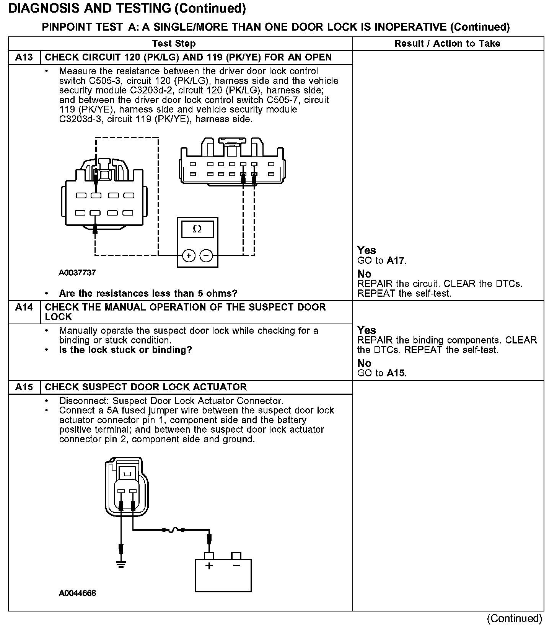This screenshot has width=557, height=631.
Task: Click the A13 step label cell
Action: pyautogui.click(x=24, y=57)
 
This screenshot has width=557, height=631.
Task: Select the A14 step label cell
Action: pyautogui.click(x=24, y=307)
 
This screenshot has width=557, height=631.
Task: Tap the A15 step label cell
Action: pyautogui.click(x=24, y=387)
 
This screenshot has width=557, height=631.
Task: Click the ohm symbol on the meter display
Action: pyautogui.click(x=197, y=229)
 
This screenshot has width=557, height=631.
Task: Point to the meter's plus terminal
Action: pyautogui.click(x=189, y=255)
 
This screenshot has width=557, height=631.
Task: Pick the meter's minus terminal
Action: pyautogui.click(x=206, y=255)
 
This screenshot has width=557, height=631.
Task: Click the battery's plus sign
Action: pyautogui.click(x=209, y=566)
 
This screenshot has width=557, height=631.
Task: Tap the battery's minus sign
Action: pyautogui.click(x=236, y=566)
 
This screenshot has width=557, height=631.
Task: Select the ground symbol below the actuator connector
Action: pyautogui.click(x=121, y=564)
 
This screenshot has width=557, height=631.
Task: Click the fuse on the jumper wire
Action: pyautogui.click(x=174, y=530)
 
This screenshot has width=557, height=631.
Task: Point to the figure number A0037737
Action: pyautogui.click(x=77, y=273)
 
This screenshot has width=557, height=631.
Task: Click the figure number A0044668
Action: pyautogui.click(x=77, y=593)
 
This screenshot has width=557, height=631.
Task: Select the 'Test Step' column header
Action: pyautogui.click(x=174, y=44)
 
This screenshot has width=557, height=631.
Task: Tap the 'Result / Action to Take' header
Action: pyautogui.click(x=447, y=44)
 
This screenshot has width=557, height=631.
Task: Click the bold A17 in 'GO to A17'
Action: pyautogui.click(x=396, y=261)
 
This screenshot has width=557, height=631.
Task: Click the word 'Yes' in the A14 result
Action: pyautogui.click(x=366, y=330)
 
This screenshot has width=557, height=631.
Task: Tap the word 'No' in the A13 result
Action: pyautogui.click(x=364, y=274)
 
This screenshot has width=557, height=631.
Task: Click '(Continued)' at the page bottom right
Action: pyautogui.click(x=514, y=619)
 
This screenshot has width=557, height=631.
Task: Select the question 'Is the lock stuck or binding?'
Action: pyautogui.click(x=125, y=350)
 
